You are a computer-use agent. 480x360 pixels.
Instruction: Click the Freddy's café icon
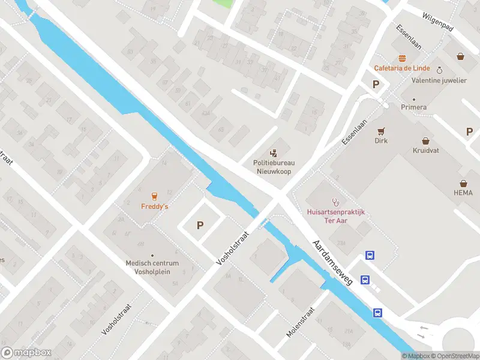(x=154, y=196)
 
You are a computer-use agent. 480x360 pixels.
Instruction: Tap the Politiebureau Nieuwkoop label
(x=277, y=166)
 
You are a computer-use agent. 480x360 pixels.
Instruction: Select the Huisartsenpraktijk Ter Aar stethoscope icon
(x=335, y=202)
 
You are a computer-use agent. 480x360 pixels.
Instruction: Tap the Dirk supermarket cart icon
(x=380, y=130)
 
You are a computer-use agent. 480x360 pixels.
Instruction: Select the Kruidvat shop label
(x=425, y=151)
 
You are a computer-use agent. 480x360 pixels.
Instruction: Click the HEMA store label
(x=463, y=193)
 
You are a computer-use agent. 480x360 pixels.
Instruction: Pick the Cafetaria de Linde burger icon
(x=401, y=58)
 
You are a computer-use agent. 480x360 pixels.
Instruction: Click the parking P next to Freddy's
(x=200, y=226)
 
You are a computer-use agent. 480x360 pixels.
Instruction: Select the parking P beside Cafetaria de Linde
(x=376, y=85)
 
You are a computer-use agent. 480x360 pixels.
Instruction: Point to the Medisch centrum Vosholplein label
(x=152, y=267)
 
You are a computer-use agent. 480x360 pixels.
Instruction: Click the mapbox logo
(x=26, y=353)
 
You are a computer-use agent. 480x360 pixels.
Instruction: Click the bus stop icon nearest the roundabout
(x=378, y=312)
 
